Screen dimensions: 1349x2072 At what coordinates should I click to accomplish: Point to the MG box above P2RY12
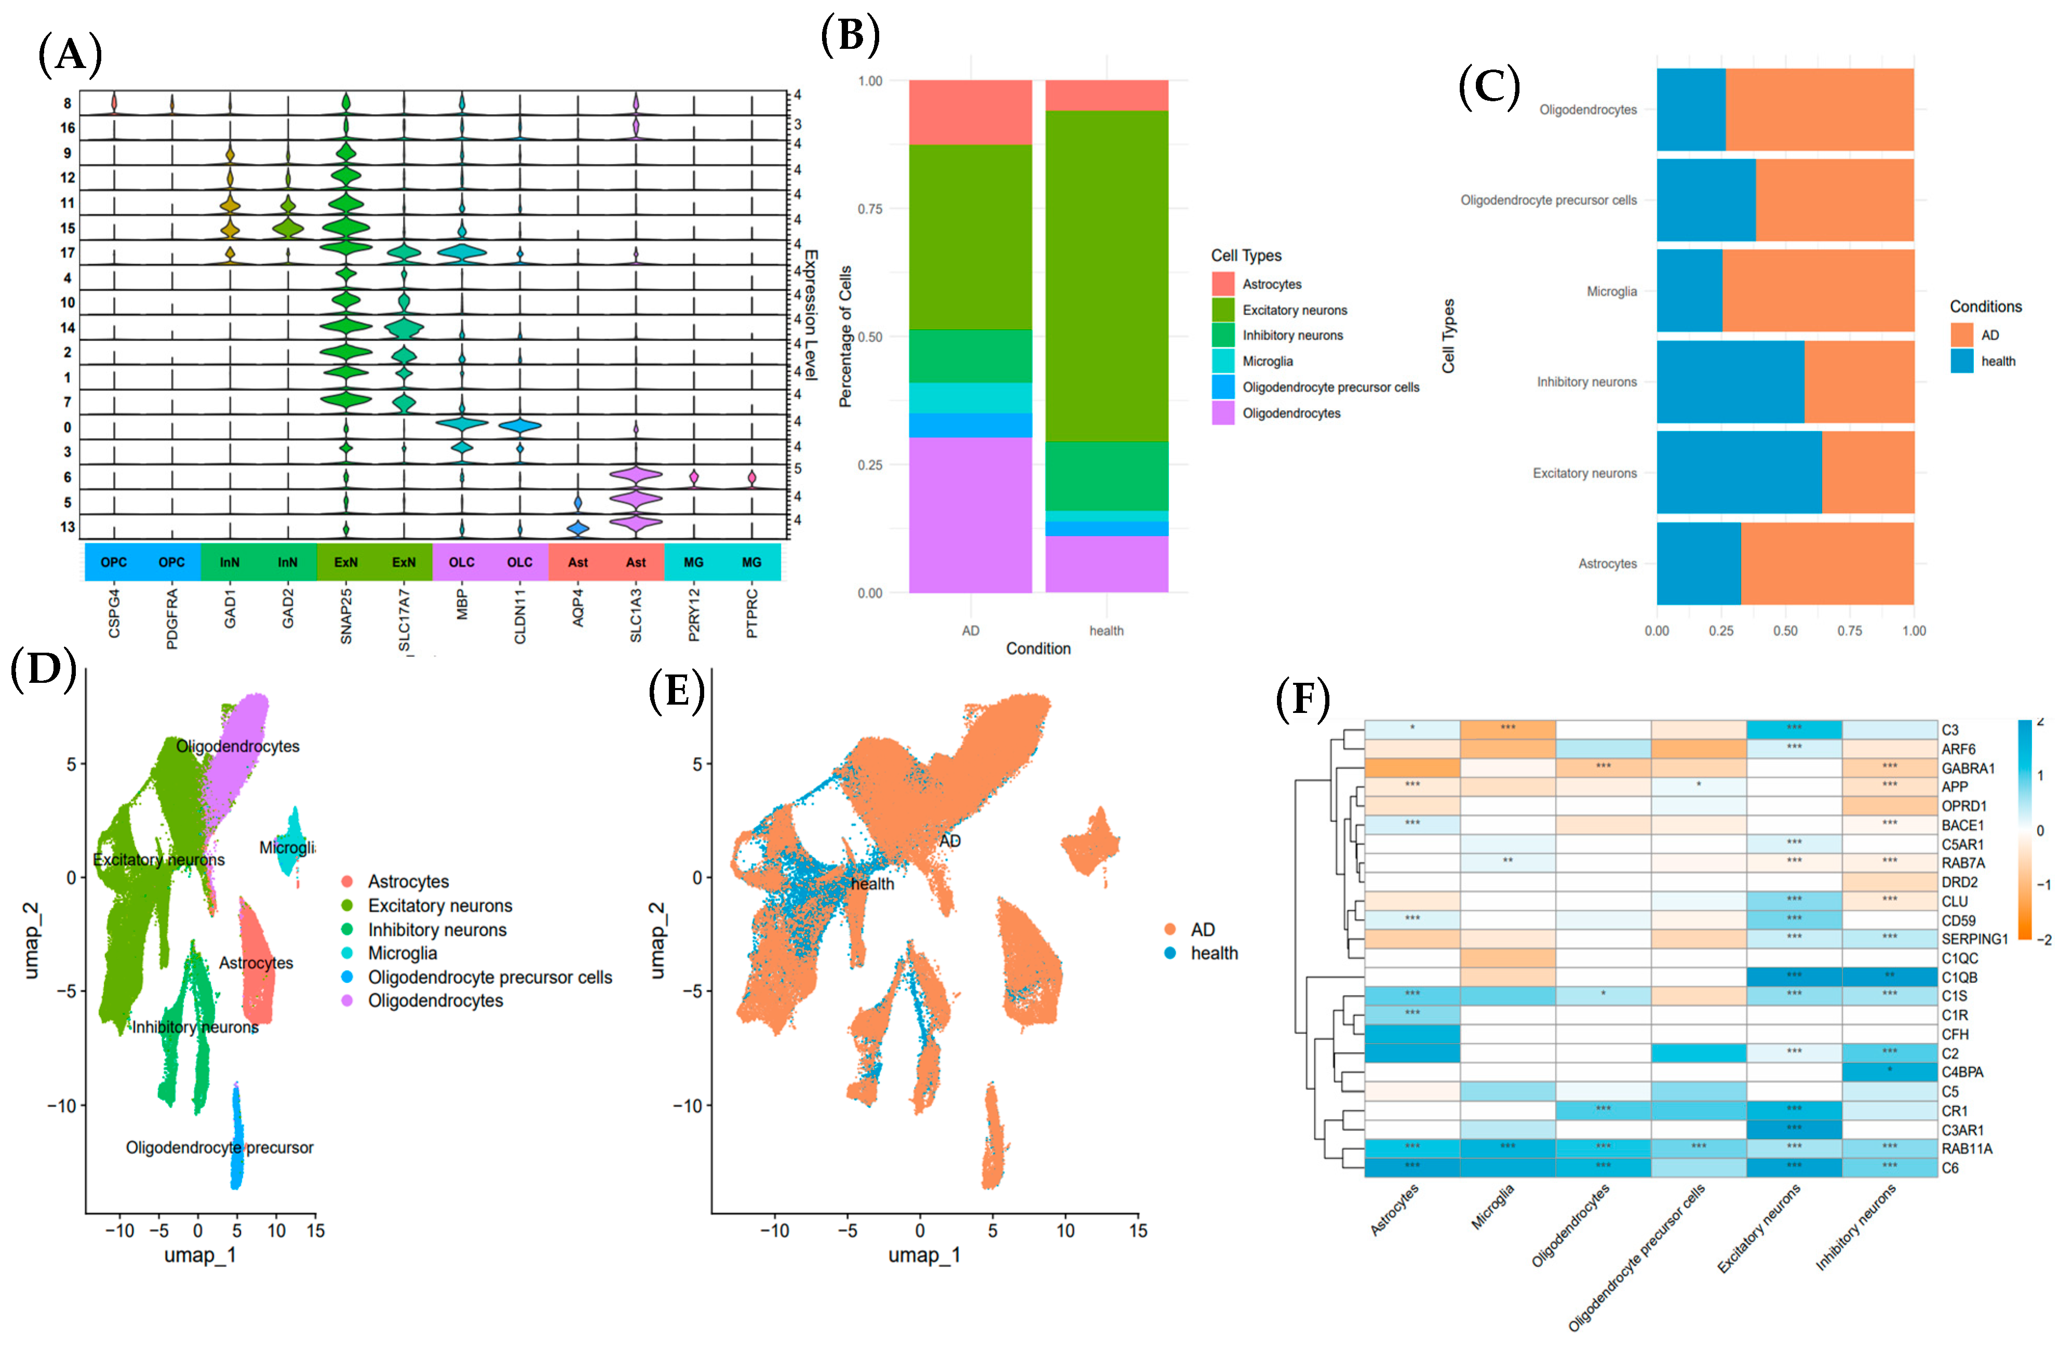(694, 562)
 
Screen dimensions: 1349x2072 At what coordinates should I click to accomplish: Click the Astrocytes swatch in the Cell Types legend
(1223, 284)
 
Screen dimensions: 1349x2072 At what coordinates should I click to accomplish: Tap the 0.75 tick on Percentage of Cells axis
(870, 209)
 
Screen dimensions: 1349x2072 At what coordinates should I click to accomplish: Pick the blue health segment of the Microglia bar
(1689, 291)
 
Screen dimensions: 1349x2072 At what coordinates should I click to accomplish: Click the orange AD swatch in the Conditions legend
(1961, 335)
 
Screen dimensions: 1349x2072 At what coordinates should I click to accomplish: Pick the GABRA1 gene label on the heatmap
(1968, 767)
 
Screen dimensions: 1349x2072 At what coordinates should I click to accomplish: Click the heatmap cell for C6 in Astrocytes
(1411, 1167)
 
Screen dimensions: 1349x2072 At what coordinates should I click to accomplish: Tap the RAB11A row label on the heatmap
(1967, 1148)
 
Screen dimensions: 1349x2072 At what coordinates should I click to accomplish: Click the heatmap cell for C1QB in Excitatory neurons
(1794, 977)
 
